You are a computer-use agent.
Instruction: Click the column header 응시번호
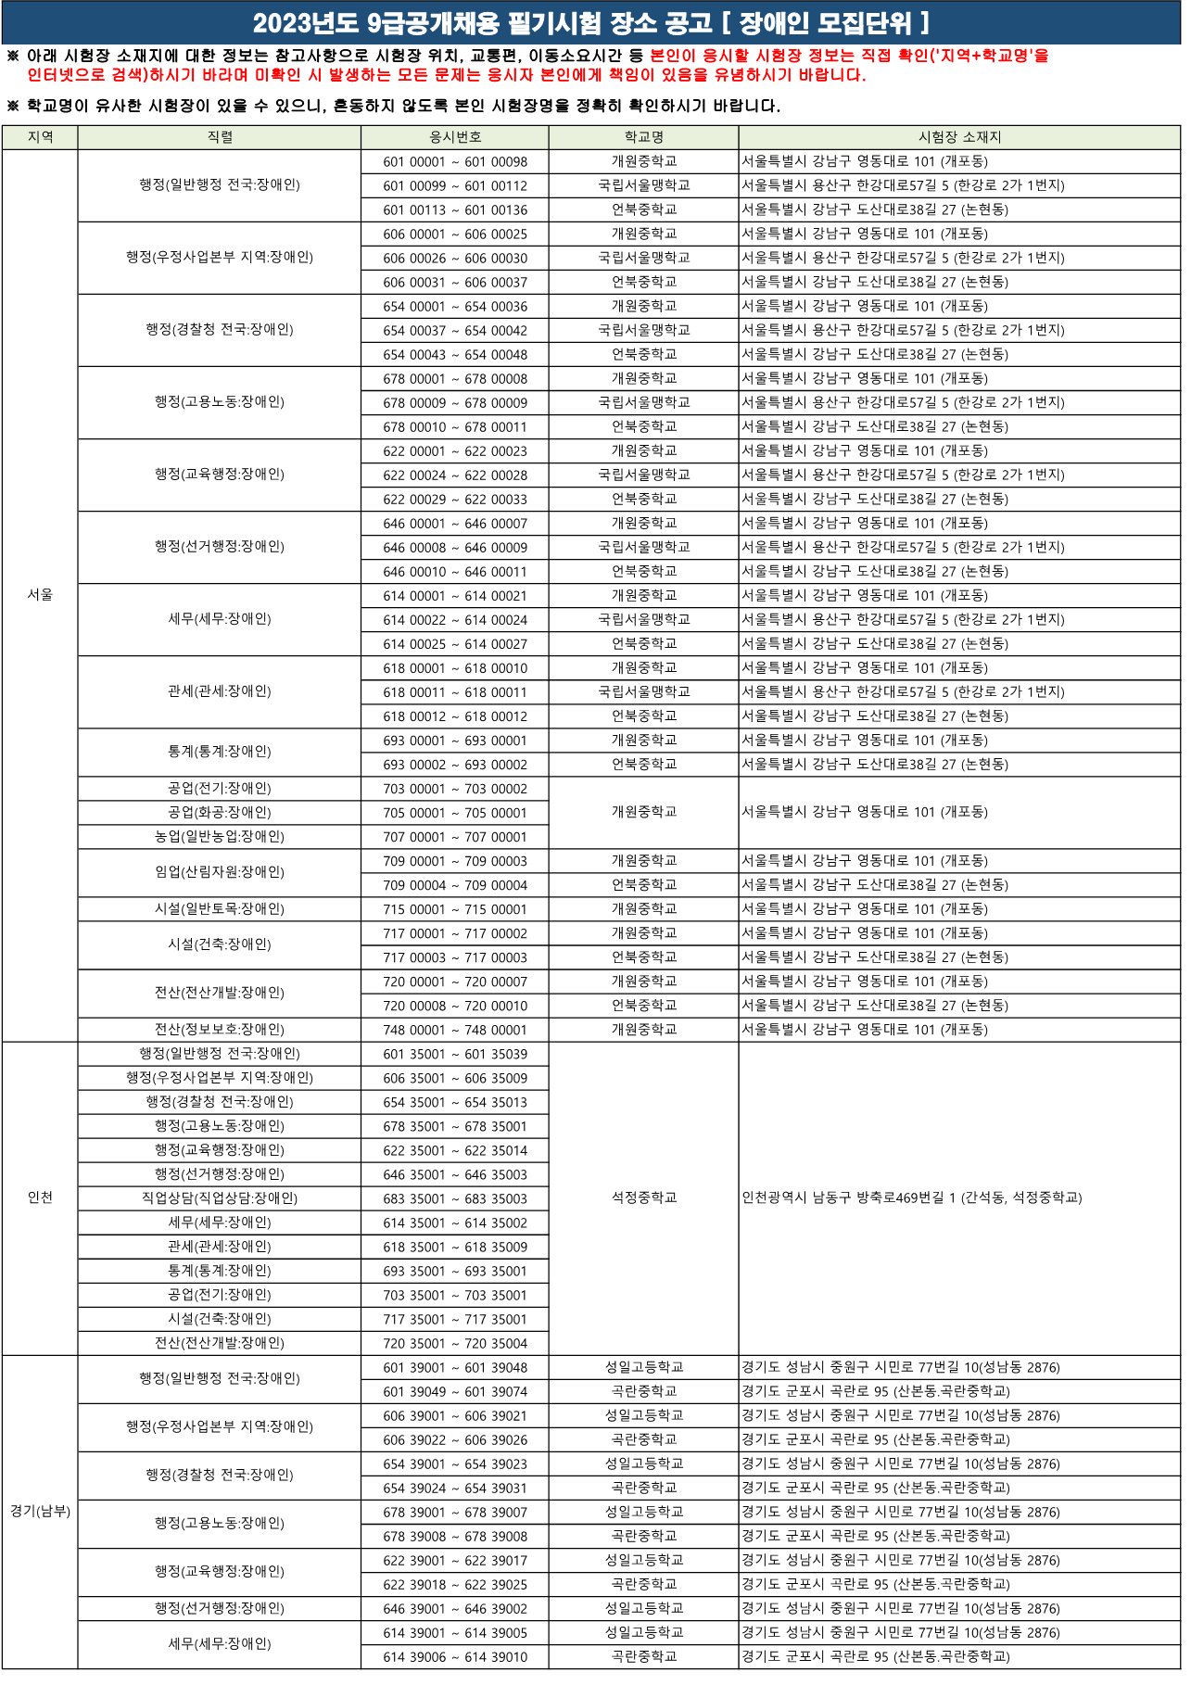pyautogui.click(x=455, y=137)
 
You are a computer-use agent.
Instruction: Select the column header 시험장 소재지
pyautogui.click(x=959, y=137)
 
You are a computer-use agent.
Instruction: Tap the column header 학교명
pyautogui.click(x=643, y=137)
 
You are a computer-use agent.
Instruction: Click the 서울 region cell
pyautogui.click(x=40, y=594)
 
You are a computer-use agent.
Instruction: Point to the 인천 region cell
pyautogui.click(x=40, y=1197)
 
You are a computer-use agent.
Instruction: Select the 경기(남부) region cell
pyautogui.click(x=40, y=1511)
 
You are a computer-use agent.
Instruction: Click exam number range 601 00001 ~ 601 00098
pyautogui.click(x=455, y=161)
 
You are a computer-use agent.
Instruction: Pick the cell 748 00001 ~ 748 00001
pyautogui.click(x=455, y=1030)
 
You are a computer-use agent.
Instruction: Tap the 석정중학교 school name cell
pyautogui.click(x=643, y=1197)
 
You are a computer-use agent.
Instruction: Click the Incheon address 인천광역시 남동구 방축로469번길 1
pyautogui.click(x=911, y=1197)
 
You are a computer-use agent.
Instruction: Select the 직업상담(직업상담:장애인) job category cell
pyautogui.click(x=220, y=1198)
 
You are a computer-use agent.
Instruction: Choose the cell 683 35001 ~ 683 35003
pyautogui.click(x=455, y=1198)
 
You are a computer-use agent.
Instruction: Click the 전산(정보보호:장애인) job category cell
pyautogui.click(x=220, y=1030)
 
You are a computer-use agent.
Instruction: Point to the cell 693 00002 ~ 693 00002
pyautogui.click(x=455, y=765)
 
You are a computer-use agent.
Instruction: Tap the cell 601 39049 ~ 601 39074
pyautogui.click(x=455, y=1391)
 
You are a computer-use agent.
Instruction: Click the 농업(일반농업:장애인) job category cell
pyautogui.click(x=220, y=837)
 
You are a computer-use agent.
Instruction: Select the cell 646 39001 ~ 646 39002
pyautogui.click(x=455, y=1608)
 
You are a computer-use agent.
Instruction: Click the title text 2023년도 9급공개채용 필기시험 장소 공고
pyautogui.click(x=482, y=23)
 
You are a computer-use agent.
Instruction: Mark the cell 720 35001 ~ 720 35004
pyautogui.click(x=455, y=1343)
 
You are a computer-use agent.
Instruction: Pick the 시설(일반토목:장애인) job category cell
pyautogui.click(x=220, y=909)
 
